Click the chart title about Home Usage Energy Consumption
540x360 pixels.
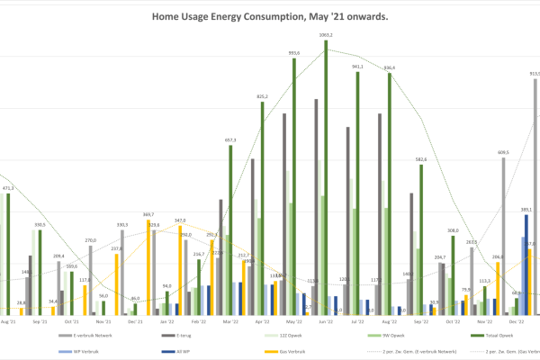point(270,16)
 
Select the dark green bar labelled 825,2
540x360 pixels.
point(262,207)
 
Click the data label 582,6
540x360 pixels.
point(420,159)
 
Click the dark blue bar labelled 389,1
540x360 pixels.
point(526,265)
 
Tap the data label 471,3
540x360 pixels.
point(7,188)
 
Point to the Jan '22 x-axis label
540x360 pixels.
point(166,320)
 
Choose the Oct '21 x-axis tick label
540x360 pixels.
point(72,320)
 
